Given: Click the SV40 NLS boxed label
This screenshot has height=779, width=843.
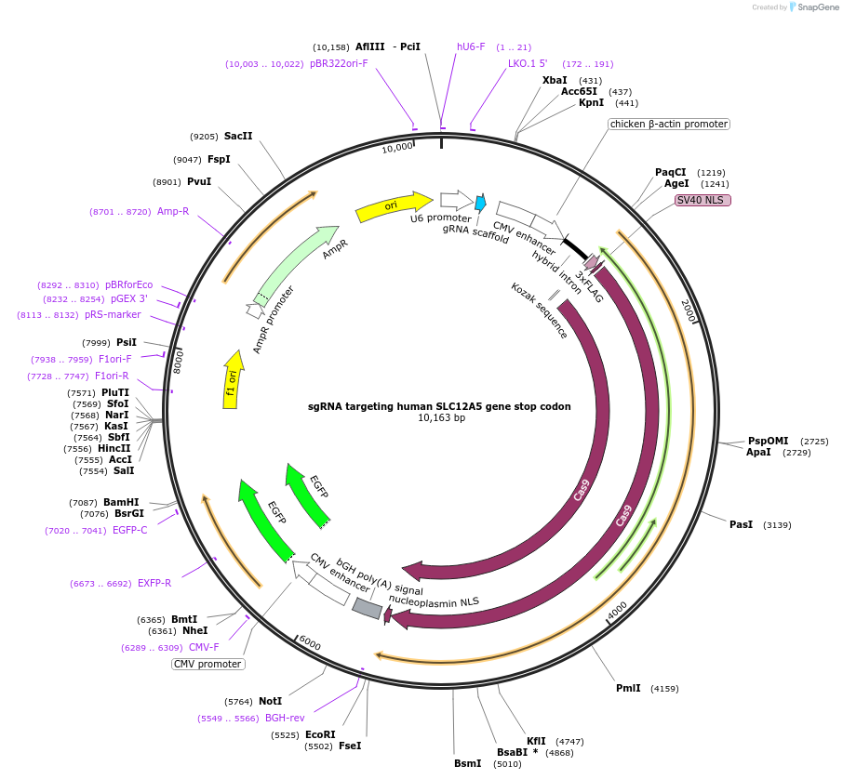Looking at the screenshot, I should click(x=703, y=200).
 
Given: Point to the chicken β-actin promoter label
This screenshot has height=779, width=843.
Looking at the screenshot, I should click(x=669, y=124).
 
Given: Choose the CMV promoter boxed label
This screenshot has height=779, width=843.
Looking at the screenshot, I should click(x=208, y=664).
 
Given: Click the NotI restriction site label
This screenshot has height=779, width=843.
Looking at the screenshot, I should click(x=270, y=701).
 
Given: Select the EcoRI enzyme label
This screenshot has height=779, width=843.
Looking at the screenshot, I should click(x=320, y=734).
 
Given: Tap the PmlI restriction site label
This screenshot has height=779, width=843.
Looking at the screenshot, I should click(x=628, y=688).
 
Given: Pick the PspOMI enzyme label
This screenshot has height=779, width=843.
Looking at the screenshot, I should click(x=768, y=441).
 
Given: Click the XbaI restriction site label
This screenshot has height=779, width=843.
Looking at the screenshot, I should click(x=555, y=80).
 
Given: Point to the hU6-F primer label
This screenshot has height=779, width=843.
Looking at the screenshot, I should click(x=471, y=46).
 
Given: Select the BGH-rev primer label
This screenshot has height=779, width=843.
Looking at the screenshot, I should click(x=285, y=718).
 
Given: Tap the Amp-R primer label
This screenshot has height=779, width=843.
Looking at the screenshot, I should click(x=173, y=212).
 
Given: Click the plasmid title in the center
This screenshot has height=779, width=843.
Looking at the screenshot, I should click(x=439, y=406).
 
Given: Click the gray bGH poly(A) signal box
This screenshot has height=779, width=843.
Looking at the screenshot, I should click(x=368, y=608).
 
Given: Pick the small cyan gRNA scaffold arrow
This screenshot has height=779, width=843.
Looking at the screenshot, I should click(x=481, y=203).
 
